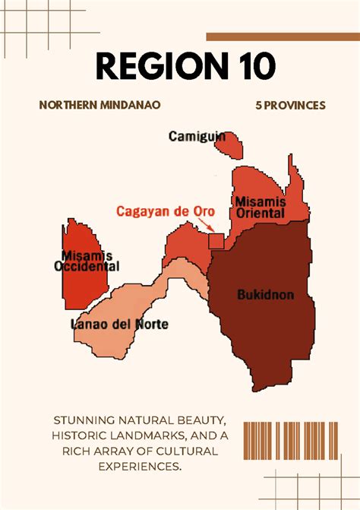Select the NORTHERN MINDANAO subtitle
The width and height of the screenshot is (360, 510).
point(99,105)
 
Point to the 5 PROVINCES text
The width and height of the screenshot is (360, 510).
point(290,105)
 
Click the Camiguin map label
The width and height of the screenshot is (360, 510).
point(197,137)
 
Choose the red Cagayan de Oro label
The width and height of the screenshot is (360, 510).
point(166,211)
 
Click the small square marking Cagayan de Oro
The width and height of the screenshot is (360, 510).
point(216,240)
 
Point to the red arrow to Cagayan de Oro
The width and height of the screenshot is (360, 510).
point(204,223)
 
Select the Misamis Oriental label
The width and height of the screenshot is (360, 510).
point(260,207)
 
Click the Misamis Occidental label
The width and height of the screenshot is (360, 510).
point(86,261)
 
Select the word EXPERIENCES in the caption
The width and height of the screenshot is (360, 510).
point(140,465)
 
